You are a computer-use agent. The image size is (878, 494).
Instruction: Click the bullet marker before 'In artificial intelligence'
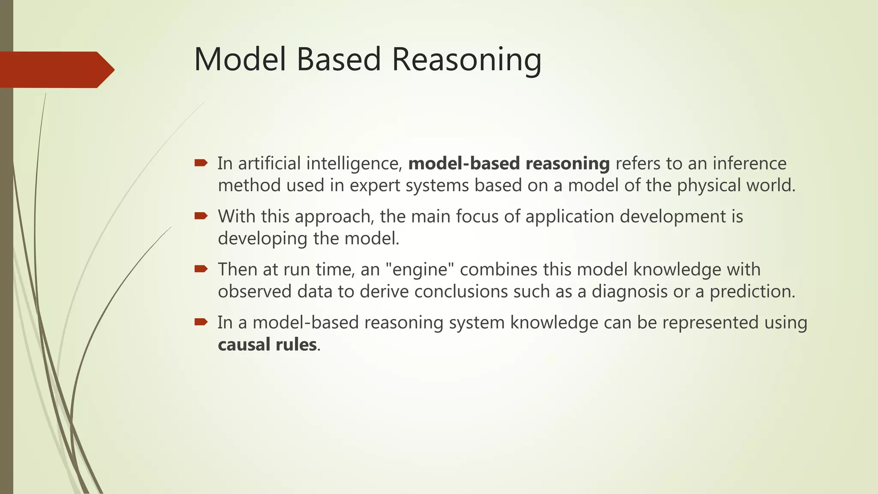pos(201,163)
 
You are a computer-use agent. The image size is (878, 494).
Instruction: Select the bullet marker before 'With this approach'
pos(201,216)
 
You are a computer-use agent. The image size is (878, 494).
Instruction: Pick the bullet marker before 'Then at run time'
pos(201,269)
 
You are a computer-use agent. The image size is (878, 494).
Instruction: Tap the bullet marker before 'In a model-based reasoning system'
pos(201,322)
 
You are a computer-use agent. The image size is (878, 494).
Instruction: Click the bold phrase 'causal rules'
pos(267,345)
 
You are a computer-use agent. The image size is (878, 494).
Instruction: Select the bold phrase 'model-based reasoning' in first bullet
pos(509,163)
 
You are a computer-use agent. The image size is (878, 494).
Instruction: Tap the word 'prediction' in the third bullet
pos(752,292)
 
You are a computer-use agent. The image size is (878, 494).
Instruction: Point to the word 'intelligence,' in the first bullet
pos(354,163)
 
